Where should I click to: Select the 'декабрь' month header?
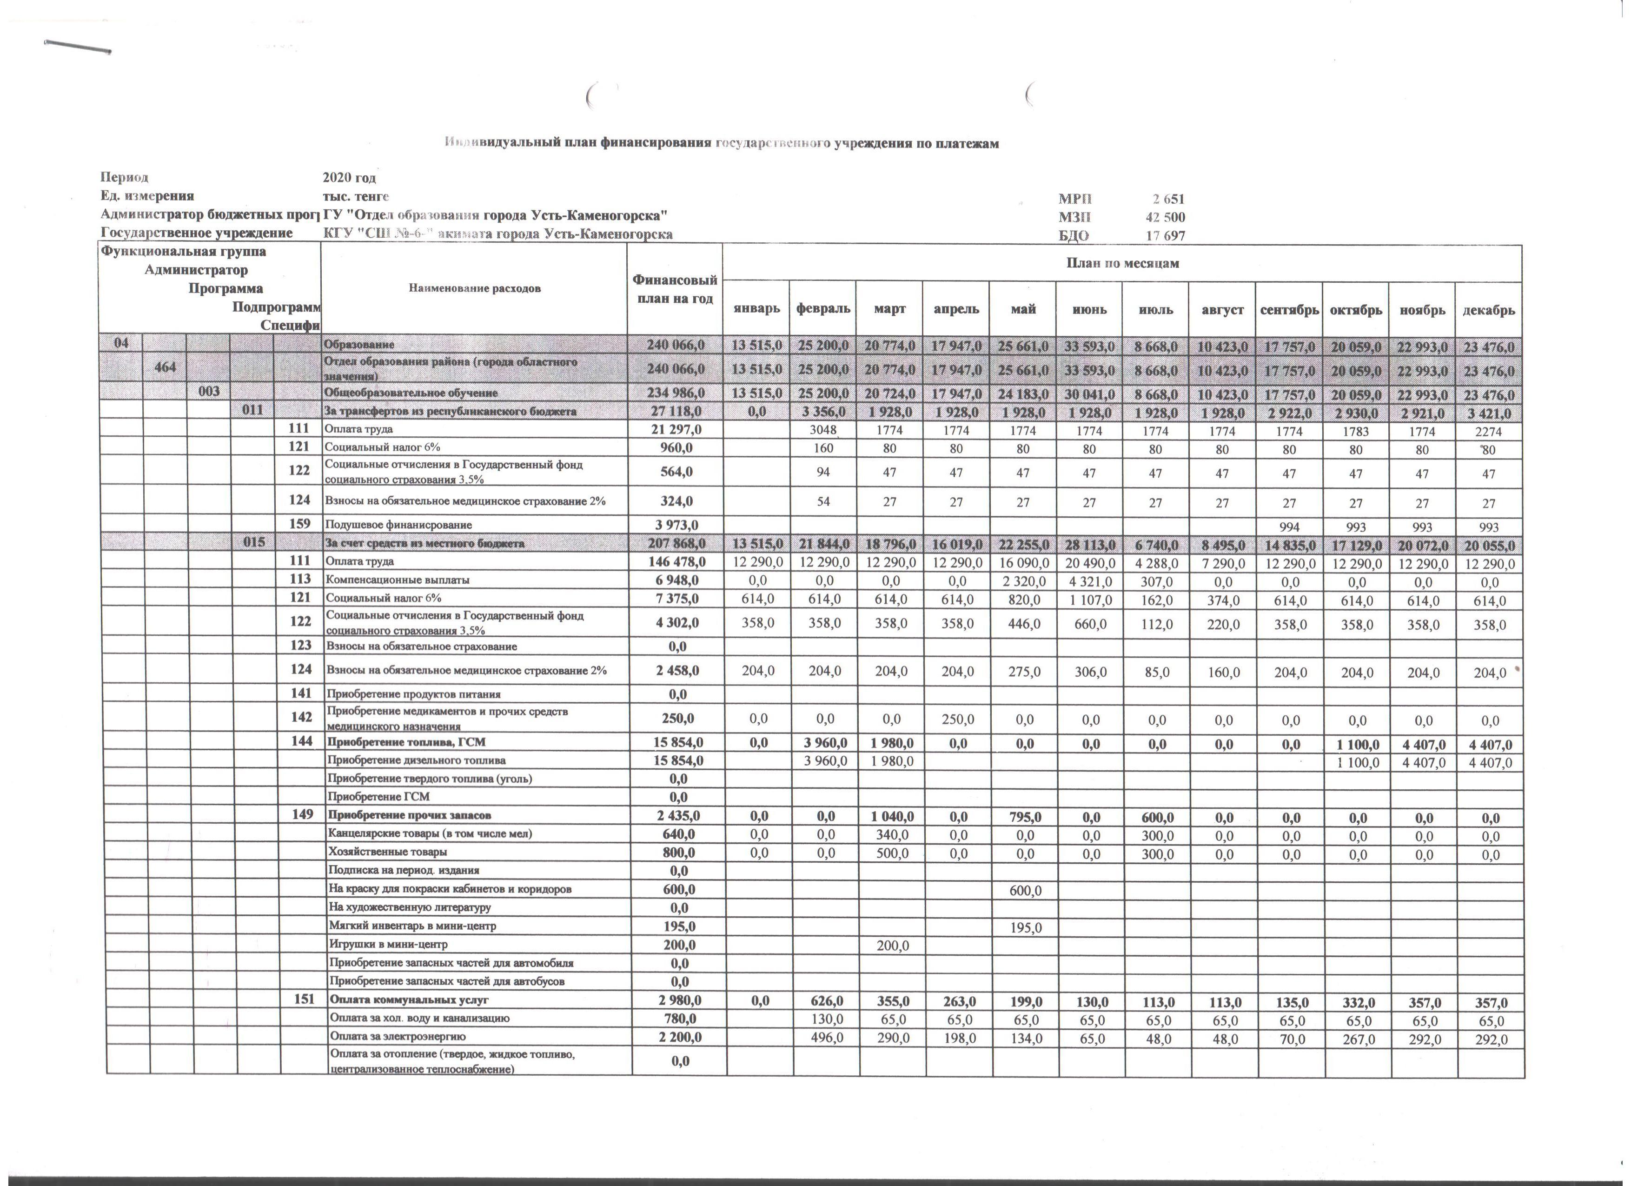(1488, 310)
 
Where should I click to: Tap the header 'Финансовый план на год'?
(674, 289)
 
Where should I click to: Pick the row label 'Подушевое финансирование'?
(398, 525)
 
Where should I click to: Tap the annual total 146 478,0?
(674, 561)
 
